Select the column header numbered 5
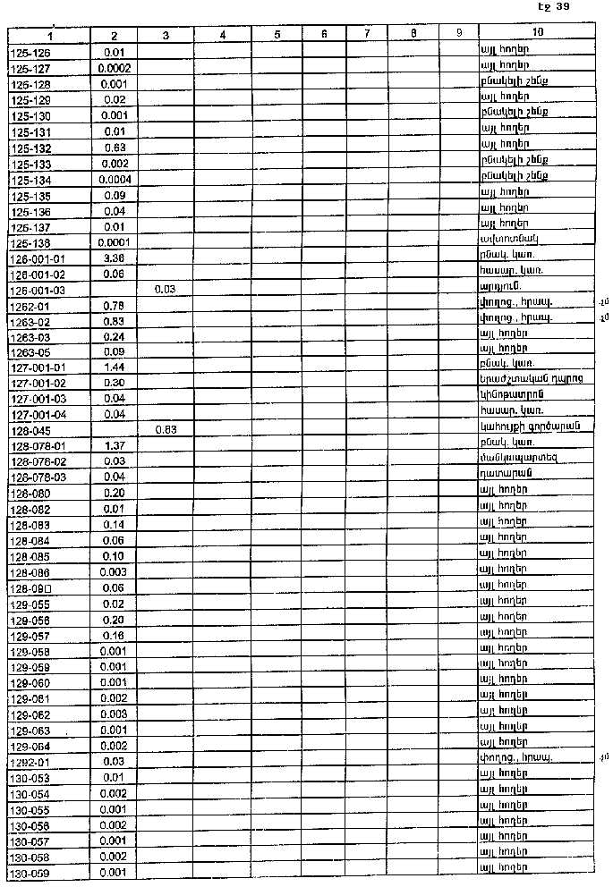click(277, 35)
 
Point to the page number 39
click(562, 7)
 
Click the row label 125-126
click(30, 52)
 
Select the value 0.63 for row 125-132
click(115, 148)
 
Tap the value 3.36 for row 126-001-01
click(115, 258)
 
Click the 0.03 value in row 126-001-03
click(165, 290)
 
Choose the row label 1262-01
click(30, 305)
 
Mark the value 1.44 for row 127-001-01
click(115, 367)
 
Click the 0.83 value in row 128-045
click(165, 429)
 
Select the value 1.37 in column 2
click(115, 445)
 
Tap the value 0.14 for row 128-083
click(115, 524)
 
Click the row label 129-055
click(30, 604)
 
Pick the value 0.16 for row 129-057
click(115, 635)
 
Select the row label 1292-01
click(30, 761)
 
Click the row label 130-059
click(30, 872)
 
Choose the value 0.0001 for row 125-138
click(115, 241)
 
